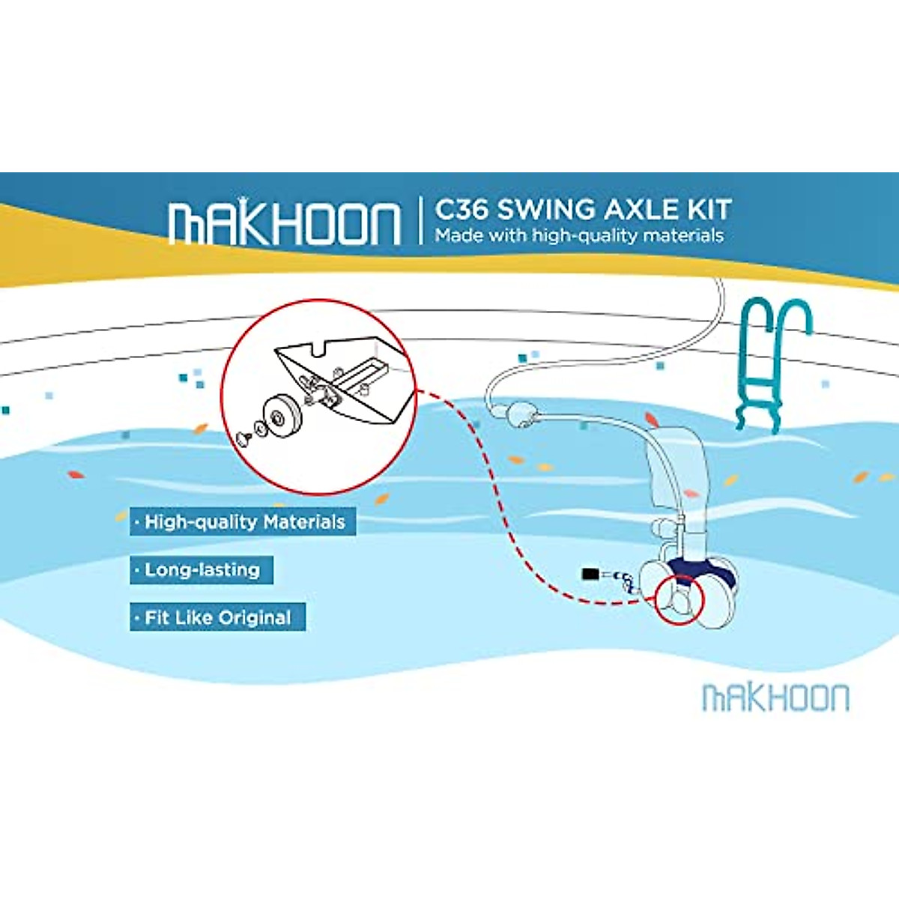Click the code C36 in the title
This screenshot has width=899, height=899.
click(461, 210)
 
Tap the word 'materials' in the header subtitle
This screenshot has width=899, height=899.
click(682, 235)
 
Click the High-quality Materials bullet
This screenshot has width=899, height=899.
click(243, 522)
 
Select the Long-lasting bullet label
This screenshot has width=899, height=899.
click(201, 570)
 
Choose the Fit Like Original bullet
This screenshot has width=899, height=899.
click(217, 618)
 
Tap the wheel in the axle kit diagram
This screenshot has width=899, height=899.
click(283, 413)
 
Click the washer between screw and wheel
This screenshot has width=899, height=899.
click(258, 429)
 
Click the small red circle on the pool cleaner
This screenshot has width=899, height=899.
click(679, 598)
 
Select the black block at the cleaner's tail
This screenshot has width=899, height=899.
click(590, 575)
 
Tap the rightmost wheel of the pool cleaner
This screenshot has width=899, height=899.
click(720, 592)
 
